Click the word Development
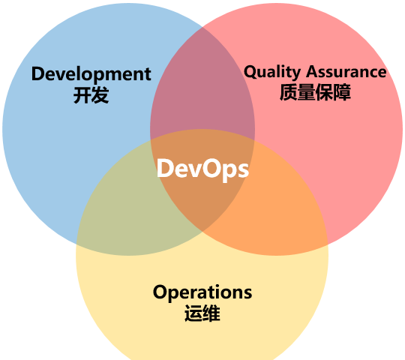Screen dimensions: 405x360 (x=91, y=75)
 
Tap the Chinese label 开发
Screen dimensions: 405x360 (x=91, y=95)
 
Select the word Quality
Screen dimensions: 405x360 (x=272, y=72)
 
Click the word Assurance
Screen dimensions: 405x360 (x=346, y=71)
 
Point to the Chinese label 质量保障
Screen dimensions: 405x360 (x=315, y=92)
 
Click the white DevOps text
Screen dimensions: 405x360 (x=202, y=169)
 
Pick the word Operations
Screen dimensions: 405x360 (x=202, y=293)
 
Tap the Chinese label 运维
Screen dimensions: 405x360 (x=202, y=313)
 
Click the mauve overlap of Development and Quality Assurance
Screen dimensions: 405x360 (x=202, y=85)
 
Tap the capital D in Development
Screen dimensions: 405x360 (x=39, y=73)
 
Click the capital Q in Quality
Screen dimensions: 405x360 (x=251, y=72)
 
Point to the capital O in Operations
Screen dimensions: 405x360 (x=160, y=292)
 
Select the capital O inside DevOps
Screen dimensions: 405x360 (x=211, y=169)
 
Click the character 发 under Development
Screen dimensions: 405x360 (x=100, y=95)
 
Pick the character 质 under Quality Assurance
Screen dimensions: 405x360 (x=288, y=92)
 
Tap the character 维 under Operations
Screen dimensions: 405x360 (x=211, y=313)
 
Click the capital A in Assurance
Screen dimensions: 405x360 (x=313, y=71)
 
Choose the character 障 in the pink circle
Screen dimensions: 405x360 (x=342, y=92)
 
